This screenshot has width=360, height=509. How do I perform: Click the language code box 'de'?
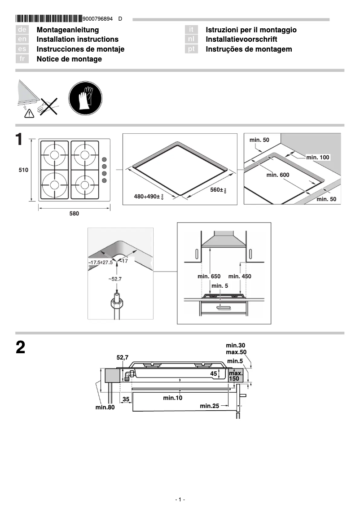pos(22,30)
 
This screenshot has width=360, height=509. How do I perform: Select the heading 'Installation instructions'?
pos(77,39)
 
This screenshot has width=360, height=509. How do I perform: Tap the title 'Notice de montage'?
pos(69,59)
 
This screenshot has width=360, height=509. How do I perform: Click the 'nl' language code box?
pos(191,39)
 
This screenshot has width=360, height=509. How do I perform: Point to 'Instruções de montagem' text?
pos(249,49)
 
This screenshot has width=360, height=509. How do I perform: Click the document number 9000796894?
pos(98,19)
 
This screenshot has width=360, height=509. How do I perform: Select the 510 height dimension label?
pos(23,170)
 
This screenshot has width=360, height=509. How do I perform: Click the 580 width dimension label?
pos(74,214)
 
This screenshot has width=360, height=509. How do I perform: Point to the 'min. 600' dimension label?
pos(278,175)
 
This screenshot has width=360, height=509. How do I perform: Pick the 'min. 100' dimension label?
pos(318,157)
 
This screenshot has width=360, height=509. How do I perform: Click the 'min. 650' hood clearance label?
pos(209,276)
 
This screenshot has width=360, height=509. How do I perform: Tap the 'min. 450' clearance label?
pos(240,276)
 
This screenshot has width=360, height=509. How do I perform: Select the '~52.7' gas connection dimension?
pos(115,279)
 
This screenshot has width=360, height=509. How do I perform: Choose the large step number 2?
pos(20,349)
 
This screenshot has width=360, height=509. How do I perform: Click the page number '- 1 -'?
pos(180,500)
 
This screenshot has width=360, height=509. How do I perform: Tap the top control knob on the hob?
pos(105,159)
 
